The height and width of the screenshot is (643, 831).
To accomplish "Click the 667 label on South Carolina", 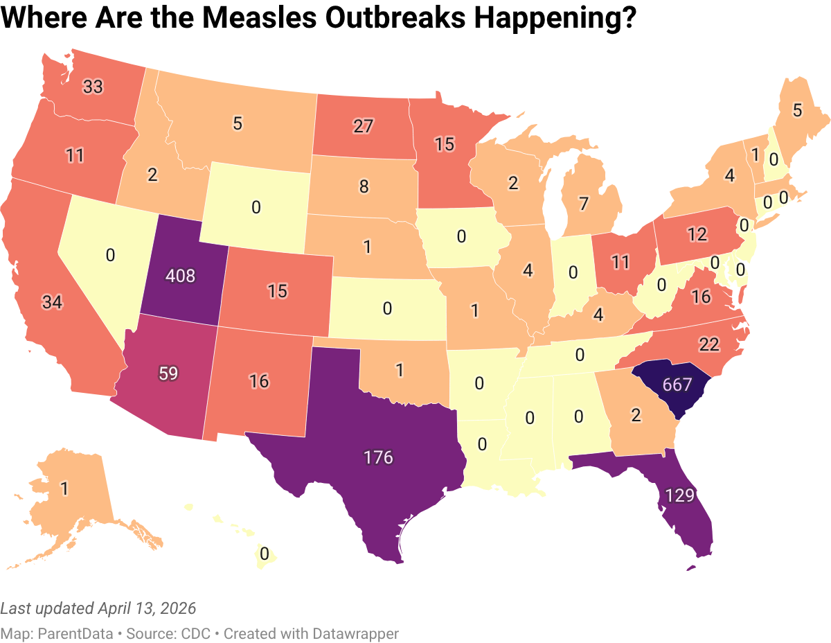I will tap(677, 385).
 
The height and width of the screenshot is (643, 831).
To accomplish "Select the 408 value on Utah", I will tap(180, 276).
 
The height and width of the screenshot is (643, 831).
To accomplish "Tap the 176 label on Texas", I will tap(378, 457).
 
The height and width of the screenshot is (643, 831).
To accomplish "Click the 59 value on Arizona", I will tap(169, 373).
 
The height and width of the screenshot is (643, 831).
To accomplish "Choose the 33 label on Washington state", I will tap(93, 87).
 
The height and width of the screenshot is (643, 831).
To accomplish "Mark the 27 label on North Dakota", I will tap(363, 126).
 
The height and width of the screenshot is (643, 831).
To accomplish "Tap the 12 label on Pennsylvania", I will tap(697, 234).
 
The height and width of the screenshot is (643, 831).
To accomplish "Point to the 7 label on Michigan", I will tap(583, 204).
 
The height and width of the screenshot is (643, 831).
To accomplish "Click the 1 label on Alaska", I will tap(64, 489).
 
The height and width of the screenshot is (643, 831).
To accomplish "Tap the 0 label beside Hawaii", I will tap(264, 554).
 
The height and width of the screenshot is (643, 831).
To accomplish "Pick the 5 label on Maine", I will tap(797, 109).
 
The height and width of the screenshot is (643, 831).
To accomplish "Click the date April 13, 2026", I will tap(147, 608).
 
